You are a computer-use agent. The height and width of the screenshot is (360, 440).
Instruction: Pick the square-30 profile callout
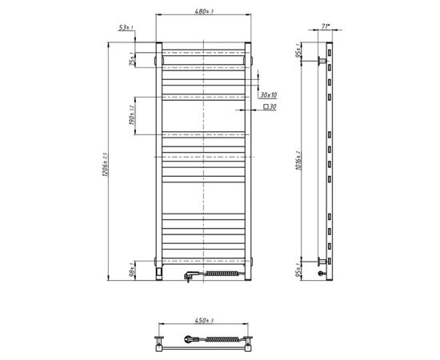point(270,106)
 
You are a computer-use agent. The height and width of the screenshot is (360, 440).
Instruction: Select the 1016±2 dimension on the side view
point(297,159)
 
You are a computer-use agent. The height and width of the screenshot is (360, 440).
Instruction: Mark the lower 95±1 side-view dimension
point(298,267)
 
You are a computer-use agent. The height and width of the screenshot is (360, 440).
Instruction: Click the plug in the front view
point(188,275)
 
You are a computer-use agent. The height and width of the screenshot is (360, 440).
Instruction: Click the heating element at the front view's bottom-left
point(162,272)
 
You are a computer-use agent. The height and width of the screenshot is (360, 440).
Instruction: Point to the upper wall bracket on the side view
point(322,60)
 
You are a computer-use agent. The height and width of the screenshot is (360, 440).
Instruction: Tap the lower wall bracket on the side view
point(322,260)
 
